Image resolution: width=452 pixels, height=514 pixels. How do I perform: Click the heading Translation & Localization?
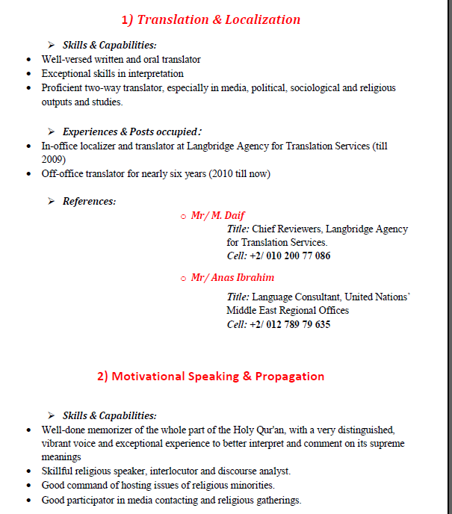[x=211, y=19]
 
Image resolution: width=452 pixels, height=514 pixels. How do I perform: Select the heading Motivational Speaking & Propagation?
[x=211, y=376]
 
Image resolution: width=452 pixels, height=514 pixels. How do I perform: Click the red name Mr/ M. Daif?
[x=217, y=215]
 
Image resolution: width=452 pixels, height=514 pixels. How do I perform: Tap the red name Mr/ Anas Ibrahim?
[x=232, y=277]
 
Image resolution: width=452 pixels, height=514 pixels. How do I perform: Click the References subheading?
[x=89, y=201]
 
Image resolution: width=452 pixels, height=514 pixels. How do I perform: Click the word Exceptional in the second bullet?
[x=66, y=73]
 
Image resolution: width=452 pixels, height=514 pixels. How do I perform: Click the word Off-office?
[x=62, y=173]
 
